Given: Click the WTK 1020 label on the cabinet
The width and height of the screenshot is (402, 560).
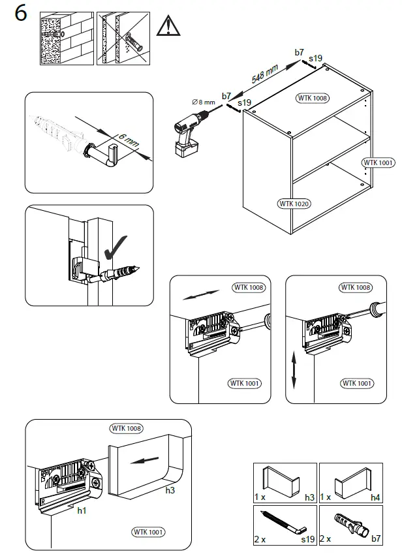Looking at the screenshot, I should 294,204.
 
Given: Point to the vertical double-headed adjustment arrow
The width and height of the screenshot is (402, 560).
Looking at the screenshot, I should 294,371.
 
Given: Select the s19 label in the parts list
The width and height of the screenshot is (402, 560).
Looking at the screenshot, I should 307,540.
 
